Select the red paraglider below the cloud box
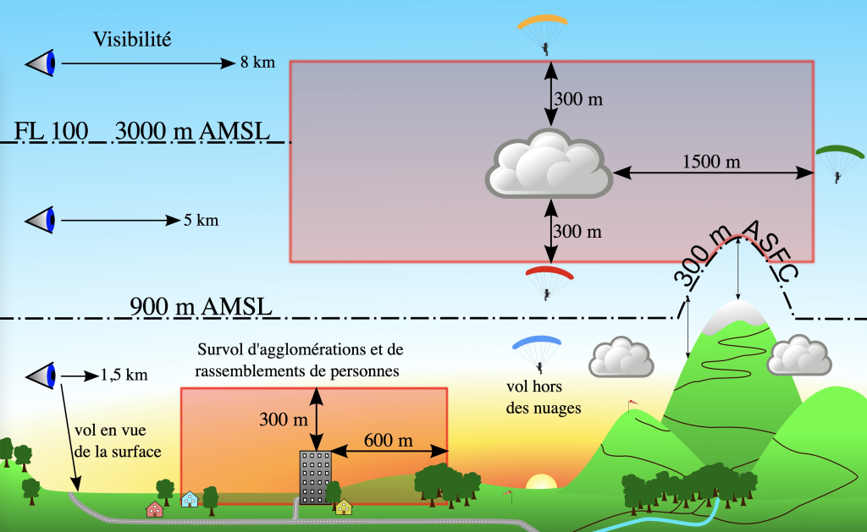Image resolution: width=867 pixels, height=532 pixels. pyautogui.click(x=549, y=280)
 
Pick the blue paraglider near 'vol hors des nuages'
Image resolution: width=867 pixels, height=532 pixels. pyautogui.click(x=538, y=351)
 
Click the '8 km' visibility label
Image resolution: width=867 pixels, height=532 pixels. pyautogui.click(x=257, y=63)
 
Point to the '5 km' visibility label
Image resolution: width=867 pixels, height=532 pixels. pyautogui.click(x=201, y=221)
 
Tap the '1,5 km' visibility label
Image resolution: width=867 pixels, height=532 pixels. pyautogui.click(x=124, y=375)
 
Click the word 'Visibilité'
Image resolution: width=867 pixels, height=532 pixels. pyautogui.click(x=133, y=39)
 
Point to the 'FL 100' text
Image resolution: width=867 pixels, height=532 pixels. pyautogui.click(x=51, y=132)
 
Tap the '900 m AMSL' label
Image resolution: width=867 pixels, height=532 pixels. pyautogui.click(x=201, y=306)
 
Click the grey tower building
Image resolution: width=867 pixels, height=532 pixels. pyautogui.click(x=315, y=477)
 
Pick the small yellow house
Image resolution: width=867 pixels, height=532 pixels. pyautogui.click(x=343, y=507)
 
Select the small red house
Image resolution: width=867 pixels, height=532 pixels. pyautogui.click(x=154, y=509)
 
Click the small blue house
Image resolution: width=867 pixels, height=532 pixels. pyautogui.click(x=190, y=499)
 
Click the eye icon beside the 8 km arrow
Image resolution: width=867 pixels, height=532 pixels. pyautogui.click(x=41, y=63)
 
